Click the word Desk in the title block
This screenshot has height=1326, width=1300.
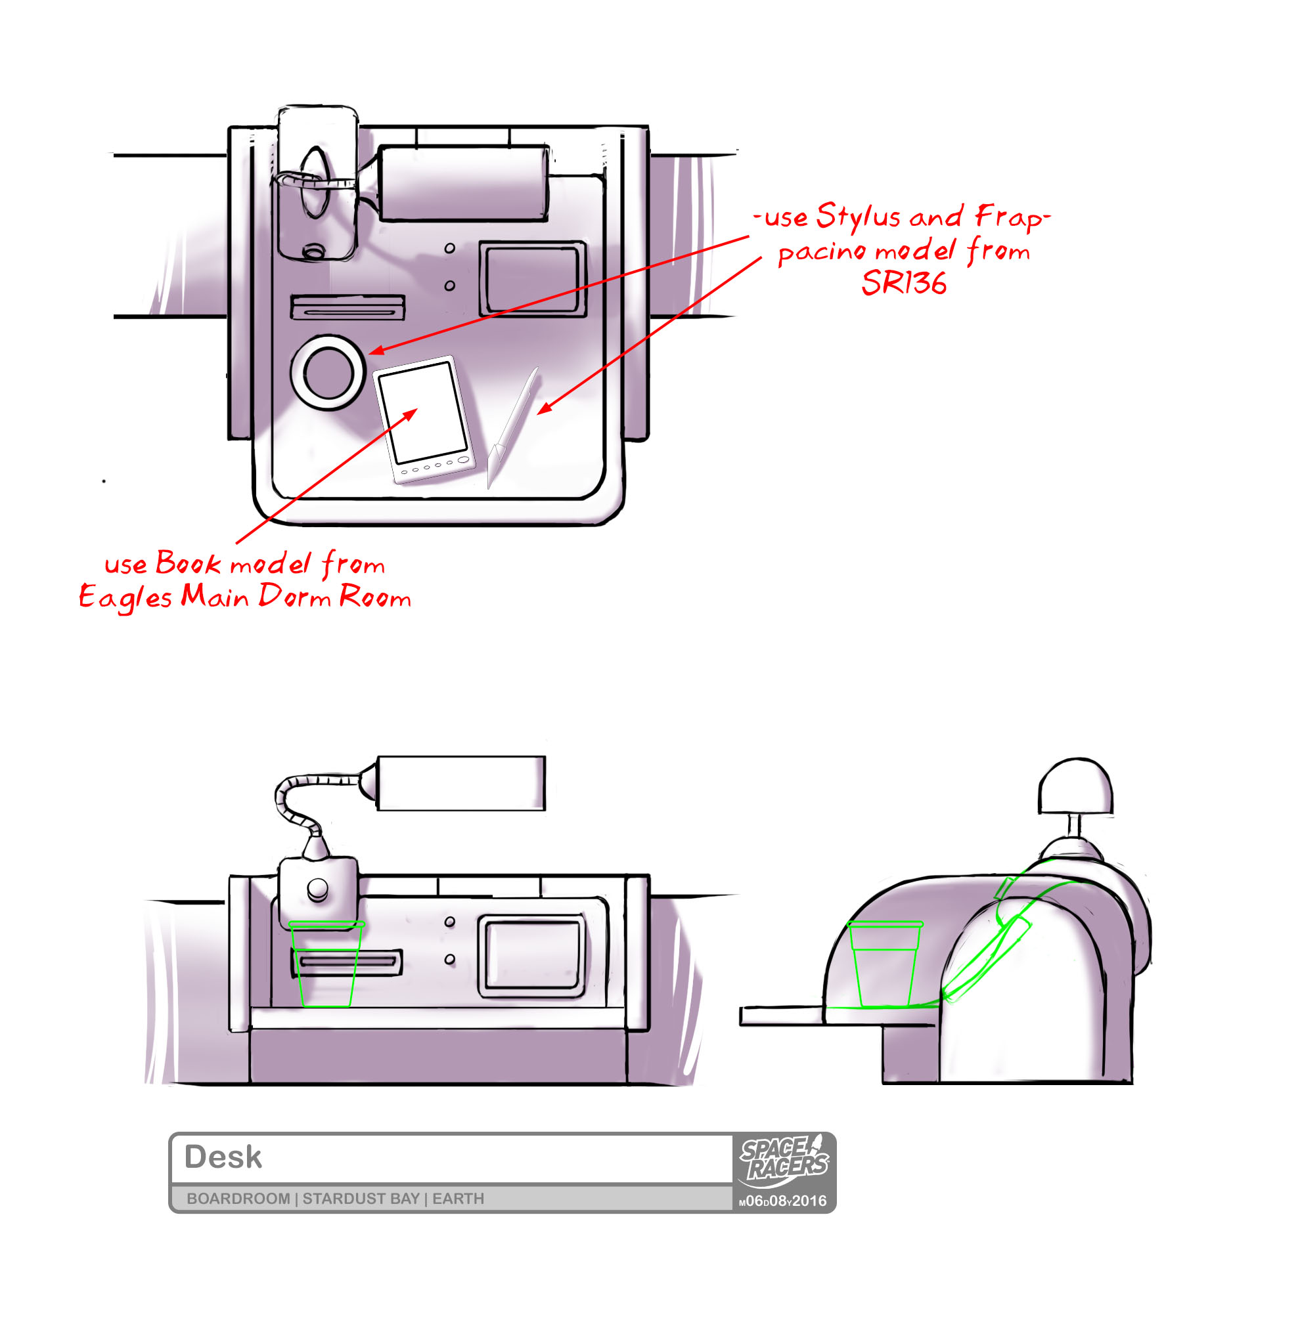pos(223,1158)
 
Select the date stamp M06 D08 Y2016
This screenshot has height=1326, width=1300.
pos(783,1202)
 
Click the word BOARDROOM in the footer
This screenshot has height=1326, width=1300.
pos(238,1199)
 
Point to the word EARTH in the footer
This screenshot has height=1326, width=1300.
pos(458,1199)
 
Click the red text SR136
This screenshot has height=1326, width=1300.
pos(904,282)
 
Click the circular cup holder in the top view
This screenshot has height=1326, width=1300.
pos(328,373)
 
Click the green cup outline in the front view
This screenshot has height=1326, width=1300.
pos(326,964)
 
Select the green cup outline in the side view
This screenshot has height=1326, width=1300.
pos(885,964)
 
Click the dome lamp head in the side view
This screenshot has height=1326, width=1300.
pos(1075,786)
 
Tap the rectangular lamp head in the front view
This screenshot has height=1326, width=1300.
pos(462,783)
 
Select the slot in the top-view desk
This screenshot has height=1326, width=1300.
pos(347,308)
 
